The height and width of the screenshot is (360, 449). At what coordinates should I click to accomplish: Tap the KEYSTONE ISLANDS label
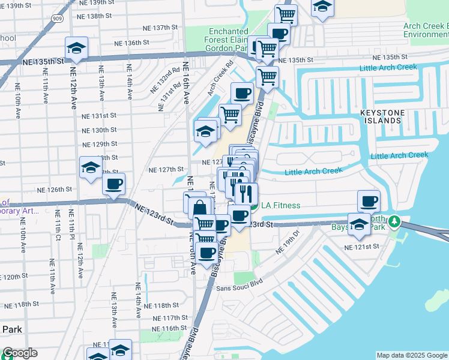click(x=388, y=116)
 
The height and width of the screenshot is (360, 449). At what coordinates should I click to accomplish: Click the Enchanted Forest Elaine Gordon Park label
click(x=229, y=40)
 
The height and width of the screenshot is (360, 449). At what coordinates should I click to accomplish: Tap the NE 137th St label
click(x=158, y=28)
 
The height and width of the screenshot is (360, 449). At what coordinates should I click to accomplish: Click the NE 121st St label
click(x=362, y=247)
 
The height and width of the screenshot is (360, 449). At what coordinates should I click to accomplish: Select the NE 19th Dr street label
click(x=287, y=242)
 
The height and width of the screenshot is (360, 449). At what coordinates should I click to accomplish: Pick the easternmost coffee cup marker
click(x=369, y=200)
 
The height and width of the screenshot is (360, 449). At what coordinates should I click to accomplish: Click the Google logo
click(x=19, y=353)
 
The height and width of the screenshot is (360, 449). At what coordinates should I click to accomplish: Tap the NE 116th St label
click(x=170, y=329)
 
